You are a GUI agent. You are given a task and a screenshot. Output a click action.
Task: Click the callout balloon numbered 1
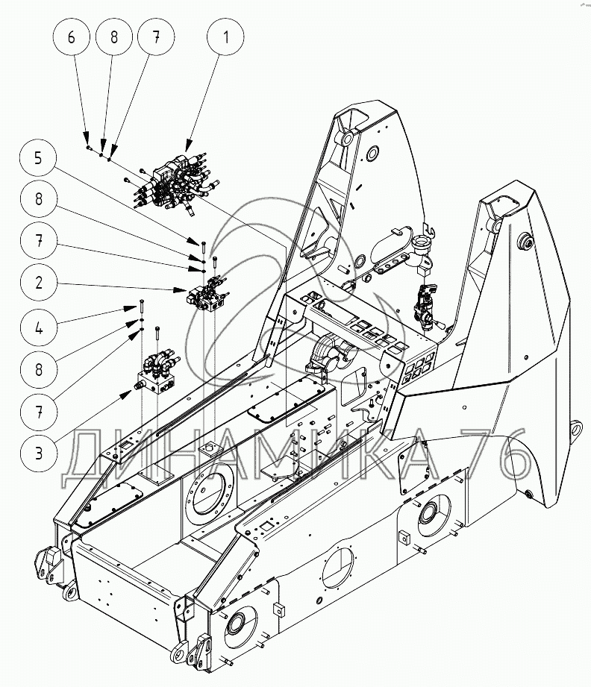click(226, 37)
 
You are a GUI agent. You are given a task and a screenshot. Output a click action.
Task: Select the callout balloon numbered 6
click(72, 37)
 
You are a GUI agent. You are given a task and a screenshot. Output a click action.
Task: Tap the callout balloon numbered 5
click(38, 157)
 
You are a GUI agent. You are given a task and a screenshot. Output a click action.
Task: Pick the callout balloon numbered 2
click(38, 282)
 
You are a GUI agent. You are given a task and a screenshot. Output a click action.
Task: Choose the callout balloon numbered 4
click(38, 327)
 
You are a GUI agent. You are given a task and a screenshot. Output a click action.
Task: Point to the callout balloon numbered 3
click(38, 453)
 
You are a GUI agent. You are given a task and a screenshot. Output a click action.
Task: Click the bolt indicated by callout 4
click(141, 306)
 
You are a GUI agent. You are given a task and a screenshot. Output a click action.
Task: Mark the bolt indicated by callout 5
click(204, 248)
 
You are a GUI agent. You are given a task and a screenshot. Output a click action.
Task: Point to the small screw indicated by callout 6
click(89, 148)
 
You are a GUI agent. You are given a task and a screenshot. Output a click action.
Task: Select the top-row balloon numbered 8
click(113, 37)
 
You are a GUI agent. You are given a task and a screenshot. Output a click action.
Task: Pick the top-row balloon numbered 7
click(156, 37)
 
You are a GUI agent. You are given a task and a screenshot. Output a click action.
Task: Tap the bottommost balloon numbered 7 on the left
click(38, 412)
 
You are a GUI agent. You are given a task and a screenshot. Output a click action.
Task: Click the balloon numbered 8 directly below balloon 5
click(38, 199)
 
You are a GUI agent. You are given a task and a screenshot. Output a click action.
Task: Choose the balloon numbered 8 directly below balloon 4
click(38, 370)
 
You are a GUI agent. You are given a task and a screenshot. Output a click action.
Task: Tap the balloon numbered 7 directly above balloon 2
click(38, 240)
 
